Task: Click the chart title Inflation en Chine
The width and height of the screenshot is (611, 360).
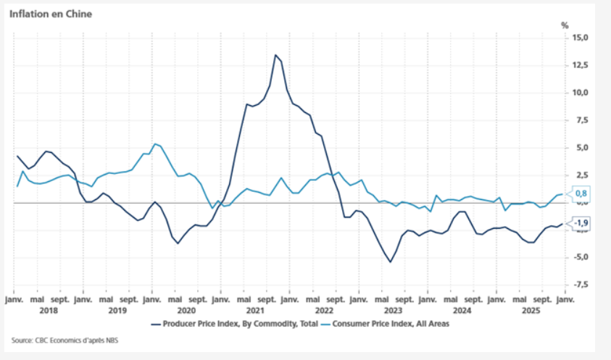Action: pos(51,13)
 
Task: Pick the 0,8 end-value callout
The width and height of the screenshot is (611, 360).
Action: pos(580,193)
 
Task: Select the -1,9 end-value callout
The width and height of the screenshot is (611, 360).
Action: pos(580,223)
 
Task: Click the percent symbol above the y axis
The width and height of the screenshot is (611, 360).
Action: pos(565,25)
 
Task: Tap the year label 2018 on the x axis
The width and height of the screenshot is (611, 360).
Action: pos(48,311)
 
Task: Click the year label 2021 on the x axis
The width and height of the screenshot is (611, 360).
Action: pos(254,311)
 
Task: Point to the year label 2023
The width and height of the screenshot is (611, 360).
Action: pos(392,311)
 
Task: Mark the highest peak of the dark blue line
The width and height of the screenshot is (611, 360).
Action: pos(275,55)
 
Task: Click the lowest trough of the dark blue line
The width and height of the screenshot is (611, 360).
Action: pos(390,261)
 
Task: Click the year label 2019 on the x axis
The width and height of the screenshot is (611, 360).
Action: pos(117,311)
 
